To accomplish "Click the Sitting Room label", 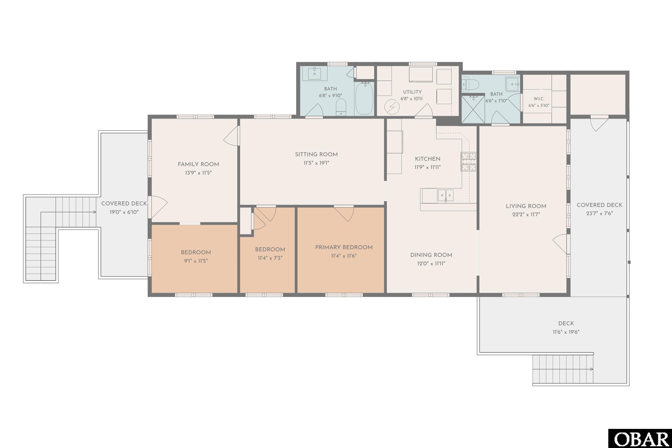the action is [x=316, y=154].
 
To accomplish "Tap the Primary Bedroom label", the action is [x=344, y=247].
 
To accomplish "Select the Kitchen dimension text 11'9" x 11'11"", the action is [x=428, y=167].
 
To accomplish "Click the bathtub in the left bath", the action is [x=364, y=98].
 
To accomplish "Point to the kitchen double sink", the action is [x=446, y=195].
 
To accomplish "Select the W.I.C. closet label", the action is [x=539, y=99].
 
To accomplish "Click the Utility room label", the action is [x=412, y=92].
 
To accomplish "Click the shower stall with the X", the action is [x=473, y=110].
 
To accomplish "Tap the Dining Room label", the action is [x=431, y=255].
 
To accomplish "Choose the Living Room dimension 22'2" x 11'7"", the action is [x=526, y=214].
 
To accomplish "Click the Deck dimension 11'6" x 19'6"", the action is [x=566, y=332].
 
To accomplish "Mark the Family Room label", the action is [x=198, y=165].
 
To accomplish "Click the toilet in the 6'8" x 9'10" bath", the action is [x=341, y=107].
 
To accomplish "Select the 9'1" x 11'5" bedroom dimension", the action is [x=196, y=261].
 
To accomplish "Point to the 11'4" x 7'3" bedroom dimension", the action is [x=270, y=258].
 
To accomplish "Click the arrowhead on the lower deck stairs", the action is [x=592, y=369].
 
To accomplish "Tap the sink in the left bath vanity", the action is [x=315, y=73].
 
